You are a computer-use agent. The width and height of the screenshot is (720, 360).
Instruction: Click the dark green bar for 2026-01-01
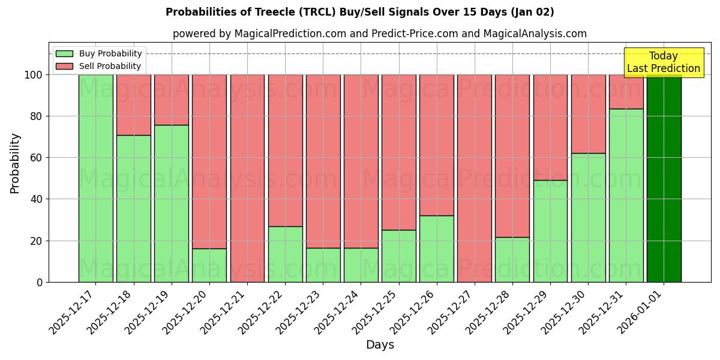click(664, 178)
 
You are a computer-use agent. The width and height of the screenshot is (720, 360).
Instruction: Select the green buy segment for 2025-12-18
click(134, 208)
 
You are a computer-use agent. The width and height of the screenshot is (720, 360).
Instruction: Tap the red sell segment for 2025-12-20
click(209, 161)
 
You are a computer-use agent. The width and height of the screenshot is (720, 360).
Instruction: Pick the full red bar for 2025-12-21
click(247, 178)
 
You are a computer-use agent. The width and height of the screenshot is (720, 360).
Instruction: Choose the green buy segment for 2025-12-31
click(626, 195)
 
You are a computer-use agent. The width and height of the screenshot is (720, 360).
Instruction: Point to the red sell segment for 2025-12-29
click(550, 127)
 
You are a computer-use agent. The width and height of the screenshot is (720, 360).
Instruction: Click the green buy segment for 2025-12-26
click(437, 248)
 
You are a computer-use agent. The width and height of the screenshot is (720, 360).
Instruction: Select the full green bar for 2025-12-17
click(96, 178)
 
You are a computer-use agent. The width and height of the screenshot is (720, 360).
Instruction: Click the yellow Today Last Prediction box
click(664, 62)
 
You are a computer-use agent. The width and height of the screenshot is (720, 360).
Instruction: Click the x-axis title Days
click(380, 345)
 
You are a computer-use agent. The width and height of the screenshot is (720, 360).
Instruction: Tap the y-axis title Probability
click(15, 163)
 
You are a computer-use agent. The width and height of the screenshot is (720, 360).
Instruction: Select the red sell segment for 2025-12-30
click(588, 114)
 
